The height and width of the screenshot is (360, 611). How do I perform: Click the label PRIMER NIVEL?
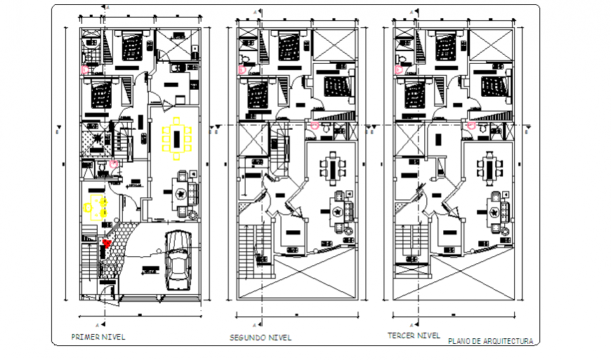pos(98,337)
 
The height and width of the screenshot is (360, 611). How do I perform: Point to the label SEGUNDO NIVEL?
pos(261,338)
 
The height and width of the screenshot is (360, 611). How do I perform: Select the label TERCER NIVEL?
pos(414,335)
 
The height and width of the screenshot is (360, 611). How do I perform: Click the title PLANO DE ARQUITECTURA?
pos(490,341)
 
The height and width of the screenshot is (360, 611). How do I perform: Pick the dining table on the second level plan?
pos(331,167)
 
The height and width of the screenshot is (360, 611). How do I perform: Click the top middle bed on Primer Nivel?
pos(131,46)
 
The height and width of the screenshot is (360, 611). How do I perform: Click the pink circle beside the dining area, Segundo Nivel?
pos(315,126)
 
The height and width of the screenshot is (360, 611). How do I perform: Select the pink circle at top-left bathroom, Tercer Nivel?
pos(398,69)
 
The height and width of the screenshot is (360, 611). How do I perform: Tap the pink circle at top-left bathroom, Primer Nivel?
pos(86,69)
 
